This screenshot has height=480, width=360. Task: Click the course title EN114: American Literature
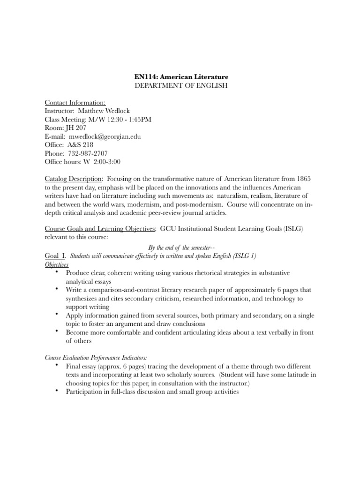point(179,76)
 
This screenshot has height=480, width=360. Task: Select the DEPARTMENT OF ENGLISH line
point(179,85)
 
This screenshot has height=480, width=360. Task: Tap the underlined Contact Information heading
point(75,103)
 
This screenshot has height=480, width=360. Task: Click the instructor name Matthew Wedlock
point(105,111)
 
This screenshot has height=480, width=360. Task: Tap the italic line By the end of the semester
point(179,247)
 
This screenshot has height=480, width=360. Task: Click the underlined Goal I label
point(55,255)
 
